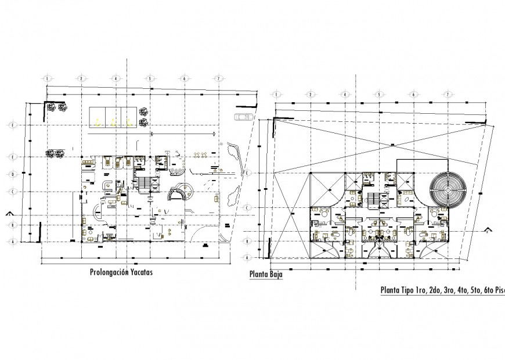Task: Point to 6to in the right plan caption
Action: coord(490,291)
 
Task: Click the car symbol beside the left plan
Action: coord(244,117)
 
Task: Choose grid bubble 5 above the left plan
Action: coord(150,77)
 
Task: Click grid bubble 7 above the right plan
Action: coord(448,93)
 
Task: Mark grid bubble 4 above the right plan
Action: coord(344,93)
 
